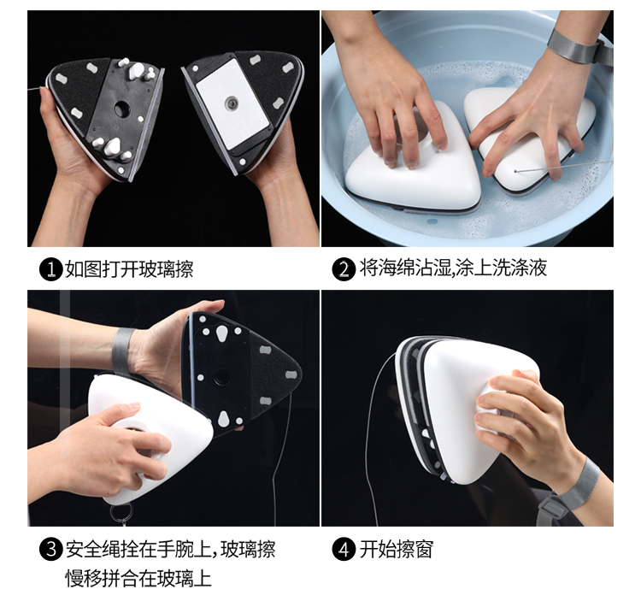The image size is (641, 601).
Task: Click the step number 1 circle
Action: pyautogui.click(x=51, y=269)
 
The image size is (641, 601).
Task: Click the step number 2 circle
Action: pyautogui.click(x=344, y=269)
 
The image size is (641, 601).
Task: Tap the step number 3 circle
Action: pyautogui.click(x=51, y=549)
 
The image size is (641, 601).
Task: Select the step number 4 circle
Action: pyautogui.click(x=344, y=549)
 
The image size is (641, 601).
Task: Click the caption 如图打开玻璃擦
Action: pyautogui.click(x=129, y=269)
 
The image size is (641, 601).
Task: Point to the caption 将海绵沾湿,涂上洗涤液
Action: pyautogui.click(x=453, y=268)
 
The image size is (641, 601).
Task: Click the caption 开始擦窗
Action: pyautogui.click(x=396, y=549)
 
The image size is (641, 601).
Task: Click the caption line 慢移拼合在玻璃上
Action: pyautogui.click(x=138, y=579)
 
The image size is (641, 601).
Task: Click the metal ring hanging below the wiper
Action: pyautogui.click(x=121, y=512)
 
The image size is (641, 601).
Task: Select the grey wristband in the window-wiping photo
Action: pyautogui.click(x=581, y=484)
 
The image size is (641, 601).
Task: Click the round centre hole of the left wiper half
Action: pyautogui.click(x=121, y=109)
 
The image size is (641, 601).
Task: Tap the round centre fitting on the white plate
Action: pyautogui.click(x=231, y=103)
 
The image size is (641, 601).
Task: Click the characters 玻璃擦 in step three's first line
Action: pyautogui.click(x=249, y=549)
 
